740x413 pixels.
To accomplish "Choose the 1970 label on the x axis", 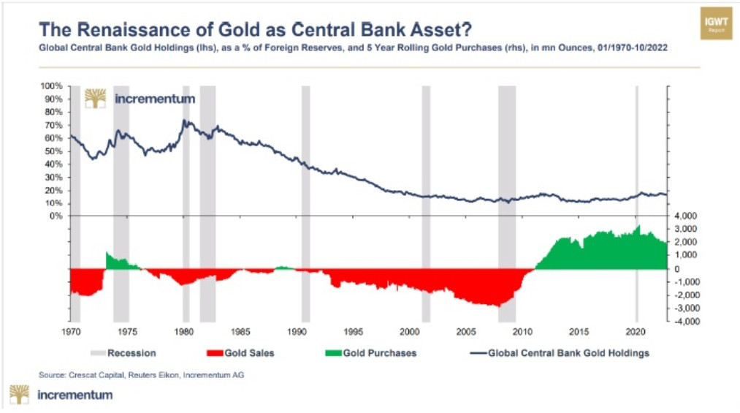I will point(70,331).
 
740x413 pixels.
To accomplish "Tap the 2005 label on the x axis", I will point(467,331).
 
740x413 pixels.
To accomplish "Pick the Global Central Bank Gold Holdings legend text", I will point(565,353).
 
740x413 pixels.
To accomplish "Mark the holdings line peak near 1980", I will point(185,120).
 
